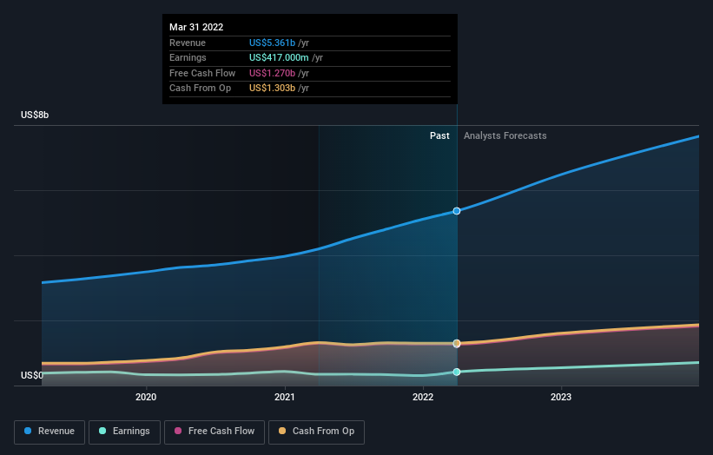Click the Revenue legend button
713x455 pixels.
click(50, 432)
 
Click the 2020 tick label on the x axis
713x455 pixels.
click(146, 398)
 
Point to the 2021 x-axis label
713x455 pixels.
click(285, 398)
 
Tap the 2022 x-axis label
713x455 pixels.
click(423, 398)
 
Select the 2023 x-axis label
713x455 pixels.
click(561, 398)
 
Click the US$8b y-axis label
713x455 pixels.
click(36, 115)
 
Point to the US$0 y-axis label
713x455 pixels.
click(32, 375)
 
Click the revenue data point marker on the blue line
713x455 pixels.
click(457, 211)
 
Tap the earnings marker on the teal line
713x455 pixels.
click(457, 372)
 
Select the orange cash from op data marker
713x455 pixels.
click(457, 343)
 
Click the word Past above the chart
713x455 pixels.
click(439, 135)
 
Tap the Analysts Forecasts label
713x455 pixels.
click(505, 135)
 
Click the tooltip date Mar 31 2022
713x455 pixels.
click(196, 27)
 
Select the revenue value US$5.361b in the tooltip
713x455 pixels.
click(272, 43)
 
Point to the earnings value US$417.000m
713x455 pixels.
click(279, 57)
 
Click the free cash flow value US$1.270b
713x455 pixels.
click(272, 73)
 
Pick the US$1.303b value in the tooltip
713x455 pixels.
click(272, 89)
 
